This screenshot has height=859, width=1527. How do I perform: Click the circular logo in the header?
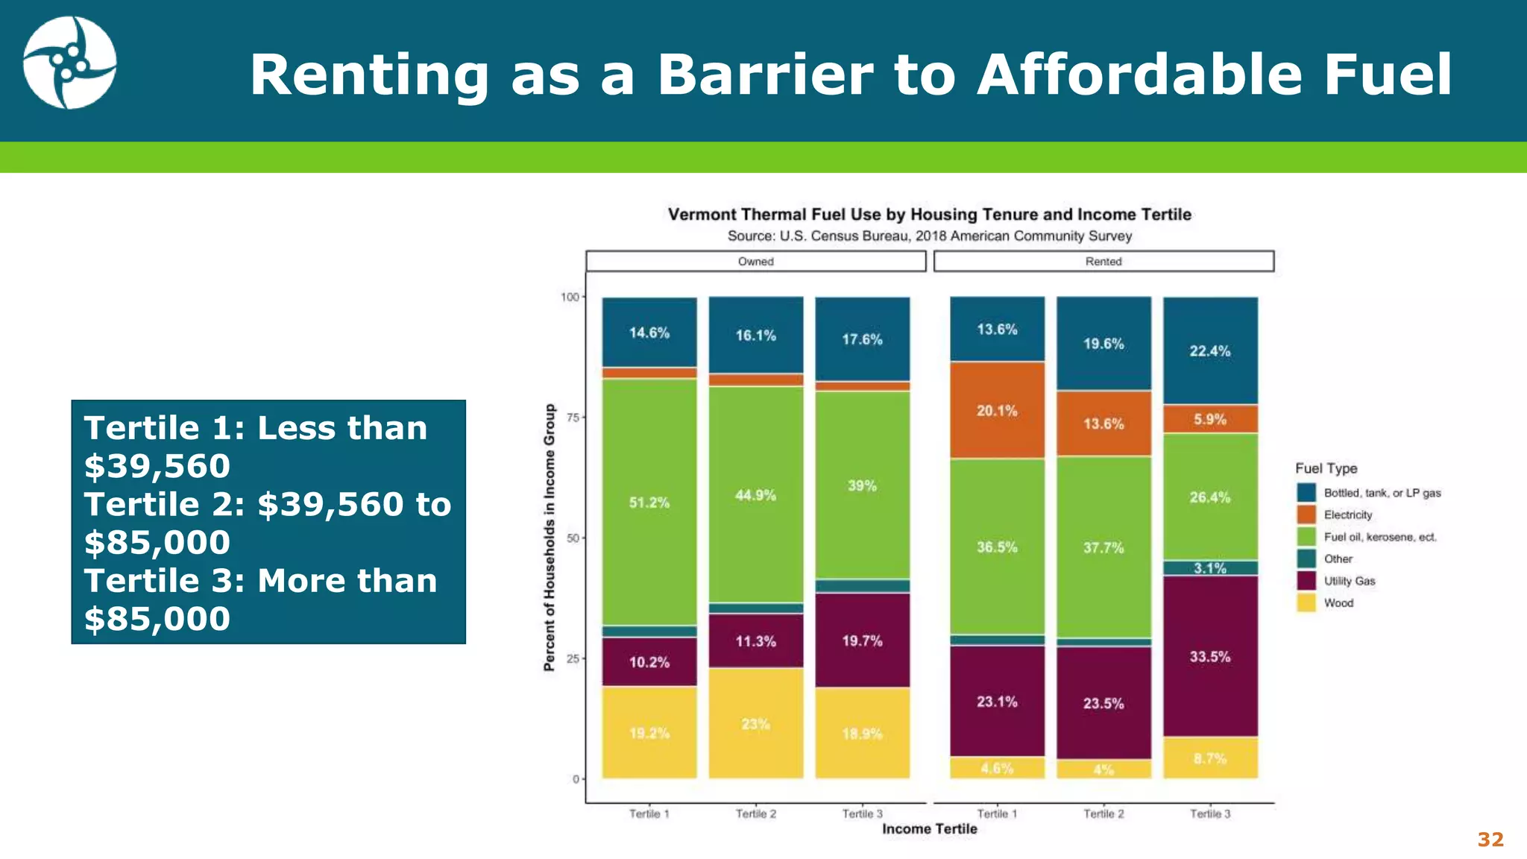(x=69, y=63)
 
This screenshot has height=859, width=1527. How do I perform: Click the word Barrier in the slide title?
(x=764, y=75)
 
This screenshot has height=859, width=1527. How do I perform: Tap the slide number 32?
(x=1490, y=840)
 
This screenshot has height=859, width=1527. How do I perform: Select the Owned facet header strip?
(x=755, y=261)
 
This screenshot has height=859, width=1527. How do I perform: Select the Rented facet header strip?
(x=1103, y=261)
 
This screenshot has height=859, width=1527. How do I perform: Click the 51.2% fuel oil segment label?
(x=649, y=503)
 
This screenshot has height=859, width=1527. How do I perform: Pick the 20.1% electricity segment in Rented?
(x=997, y=411)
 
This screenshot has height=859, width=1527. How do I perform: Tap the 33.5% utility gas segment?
(x=1209, y=657)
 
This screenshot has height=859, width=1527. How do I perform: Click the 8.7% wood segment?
(x=1209, y=758)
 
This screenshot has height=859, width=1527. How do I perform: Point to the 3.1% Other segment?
(x=1209, y=568)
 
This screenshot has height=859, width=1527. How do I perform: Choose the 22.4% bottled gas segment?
(x=1209, y=351)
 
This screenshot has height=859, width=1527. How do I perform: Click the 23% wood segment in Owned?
(x=755, y=724)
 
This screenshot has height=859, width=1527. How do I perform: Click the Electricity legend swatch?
(x=1306, y=515)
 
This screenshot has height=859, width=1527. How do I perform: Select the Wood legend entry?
(x=1338, y=603)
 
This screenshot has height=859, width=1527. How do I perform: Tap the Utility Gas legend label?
(x=1350, y=581)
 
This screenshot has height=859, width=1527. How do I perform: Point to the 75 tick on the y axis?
(x=573, y=418)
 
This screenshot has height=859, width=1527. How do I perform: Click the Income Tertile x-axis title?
(x=929, y=828)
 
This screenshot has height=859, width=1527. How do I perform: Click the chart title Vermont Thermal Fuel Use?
(x=929, y=215)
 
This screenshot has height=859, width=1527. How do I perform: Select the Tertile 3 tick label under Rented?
(x=1209, y=814)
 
